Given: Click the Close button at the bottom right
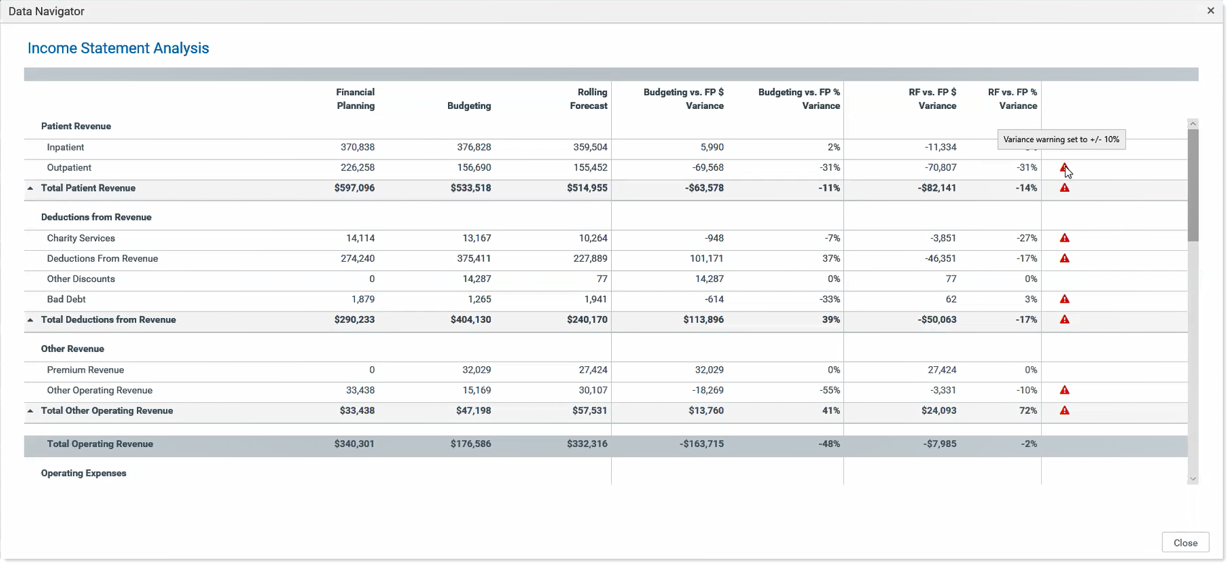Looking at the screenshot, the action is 1185,542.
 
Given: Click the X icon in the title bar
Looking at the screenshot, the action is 1211,10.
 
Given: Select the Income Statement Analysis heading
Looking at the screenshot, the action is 118,48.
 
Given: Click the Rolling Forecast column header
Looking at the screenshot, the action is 588,99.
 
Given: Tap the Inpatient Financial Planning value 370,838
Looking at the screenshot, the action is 358,147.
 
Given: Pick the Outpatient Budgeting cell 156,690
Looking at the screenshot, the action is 474,167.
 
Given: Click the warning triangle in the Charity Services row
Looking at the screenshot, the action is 1064,238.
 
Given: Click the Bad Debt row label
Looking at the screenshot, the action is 66,299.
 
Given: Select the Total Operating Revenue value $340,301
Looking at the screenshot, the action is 354,443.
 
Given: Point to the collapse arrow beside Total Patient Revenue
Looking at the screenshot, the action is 30,188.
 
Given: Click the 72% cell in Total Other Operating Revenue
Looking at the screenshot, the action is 1028,411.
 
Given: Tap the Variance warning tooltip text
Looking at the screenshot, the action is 1061,139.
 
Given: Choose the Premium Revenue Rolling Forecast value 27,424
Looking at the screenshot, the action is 593,370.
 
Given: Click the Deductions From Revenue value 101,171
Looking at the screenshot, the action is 706,259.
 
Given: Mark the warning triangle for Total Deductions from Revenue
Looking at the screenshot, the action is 1064,319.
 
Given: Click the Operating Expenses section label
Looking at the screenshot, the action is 84,473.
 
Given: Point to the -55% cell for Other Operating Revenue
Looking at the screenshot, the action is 830,390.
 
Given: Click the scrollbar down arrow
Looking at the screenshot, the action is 1192,479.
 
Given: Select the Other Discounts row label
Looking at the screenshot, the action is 81,279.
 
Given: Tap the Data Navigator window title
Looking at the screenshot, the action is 46,11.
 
